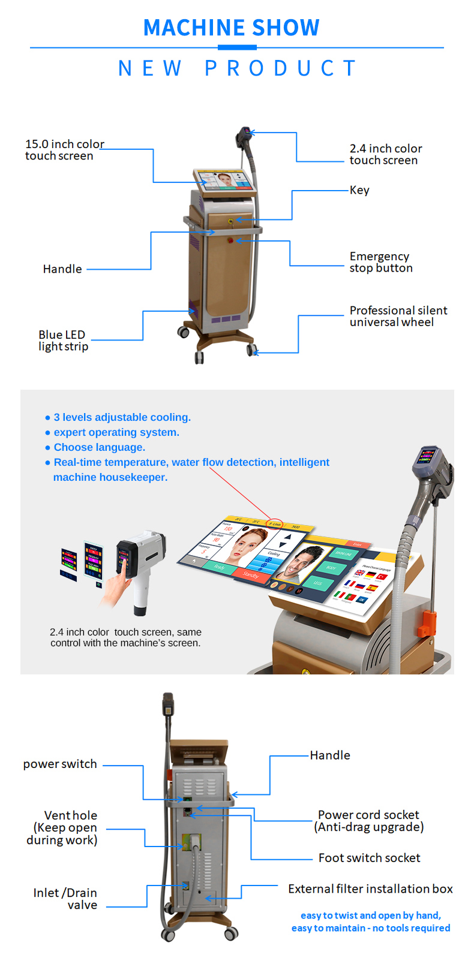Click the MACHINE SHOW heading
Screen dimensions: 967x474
coord(231,28)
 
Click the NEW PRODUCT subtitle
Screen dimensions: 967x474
coord(238,68)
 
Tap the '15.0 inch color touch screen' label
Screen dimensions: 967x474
coord(64,150)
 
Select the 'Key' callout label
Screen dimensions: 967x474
coord(359,190)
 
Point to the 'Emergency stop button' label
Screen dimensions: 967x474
coord(381,262)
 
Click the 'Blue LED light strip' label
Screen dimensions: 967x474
coord(63,341)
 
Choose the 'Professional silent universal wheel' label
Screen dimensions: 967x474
coord(398,316)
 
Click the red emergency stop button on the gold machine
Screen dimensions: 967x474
coord(231,241)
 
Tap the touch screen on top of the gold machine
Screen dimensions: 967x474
coord(225,180)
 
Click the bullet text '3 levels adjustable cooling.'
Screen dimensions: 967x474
coord(122,417)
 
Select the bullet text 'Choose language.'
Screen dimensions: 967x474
coord(99,447)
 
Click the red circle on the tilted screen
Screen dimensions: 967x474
coord(275,523)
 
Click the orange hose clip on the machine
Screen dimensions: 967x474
coord(428,623)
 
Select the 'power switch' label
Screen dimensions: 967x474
coord(60,764)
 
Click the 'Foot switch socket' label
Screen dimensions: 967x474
coord(369,858)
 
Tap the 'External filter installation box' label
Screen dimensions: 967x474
coord(370,888)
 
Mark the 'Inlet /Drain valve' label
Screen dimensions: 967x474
coord(65,899)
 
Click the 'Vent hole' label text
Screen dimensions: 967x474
coord(70,815)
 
